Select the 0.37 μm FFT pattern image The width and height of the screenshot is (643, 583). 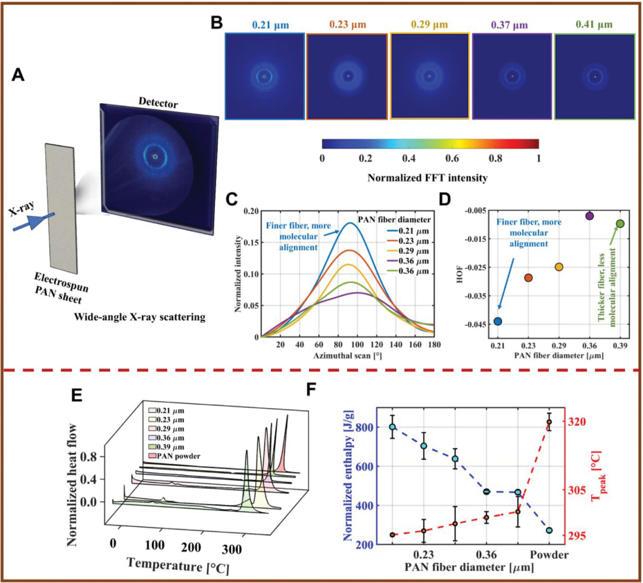(x=511, y=76)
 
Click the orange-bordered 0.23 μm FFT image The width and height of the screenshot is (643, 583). (x=347, y=76)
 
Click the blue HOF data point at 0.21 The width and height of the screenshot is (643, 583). (x=498, y=321)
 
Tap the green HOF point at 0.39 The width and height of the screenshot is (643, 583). (x=620, y=223)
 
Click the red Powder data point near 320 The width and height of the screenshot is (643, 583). (x=549, y=422)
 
